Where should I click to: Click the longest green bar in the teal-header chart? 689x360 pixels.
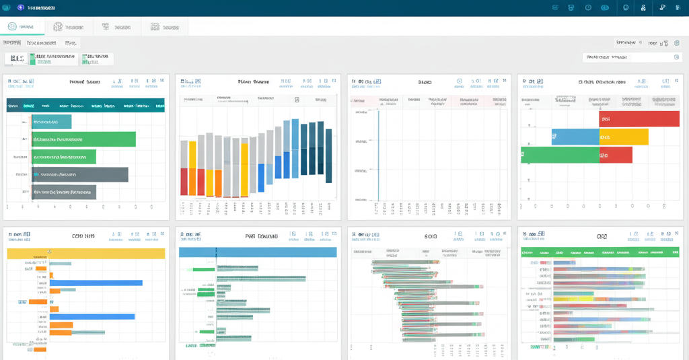pos(83,139)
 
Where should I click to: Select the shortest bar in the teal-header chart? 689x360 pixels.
pos(51,122)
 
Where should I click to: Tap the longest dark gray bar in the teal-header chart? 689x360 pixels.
pos(79,174)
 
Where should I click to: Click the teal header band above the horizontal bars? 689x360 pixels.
pos(85,105)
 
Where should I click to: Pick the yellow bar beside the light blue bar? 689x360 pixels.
pos(624,137)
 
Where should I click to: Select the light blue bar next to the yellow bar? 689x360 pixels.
pos(575,137)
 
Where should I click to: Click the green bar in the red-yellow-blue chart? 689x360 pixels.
pos(560,155)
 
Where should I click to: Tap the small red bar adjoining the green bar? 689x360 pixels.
pos(616,155)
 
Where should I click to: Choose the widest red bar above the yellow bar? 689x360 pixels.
pos(639,119)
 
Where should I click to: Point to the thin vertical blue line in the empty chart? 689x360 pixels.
pos(378,155)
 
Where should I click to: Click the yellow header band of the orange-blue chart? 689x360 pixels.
pos(85,253)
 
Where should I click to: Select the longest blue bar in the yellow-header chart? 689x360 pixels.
pos(96,283)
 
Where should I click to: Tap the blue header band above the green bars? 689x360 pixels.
pos(258,252)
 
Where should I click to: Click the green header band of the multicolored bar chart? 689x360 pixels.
pos(600,252)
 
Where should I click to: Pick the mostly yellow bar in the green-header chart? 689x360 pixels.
pos(573,295)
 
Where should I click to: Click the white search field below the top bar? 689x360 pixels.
pos(631,58)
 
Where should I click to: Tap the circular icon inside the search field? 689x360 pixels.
pos(676,58)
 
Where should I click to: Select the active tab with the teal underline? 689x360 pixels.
pos(22,27)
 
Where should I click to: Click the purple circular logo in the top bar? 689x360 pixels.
pos(20,7)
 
